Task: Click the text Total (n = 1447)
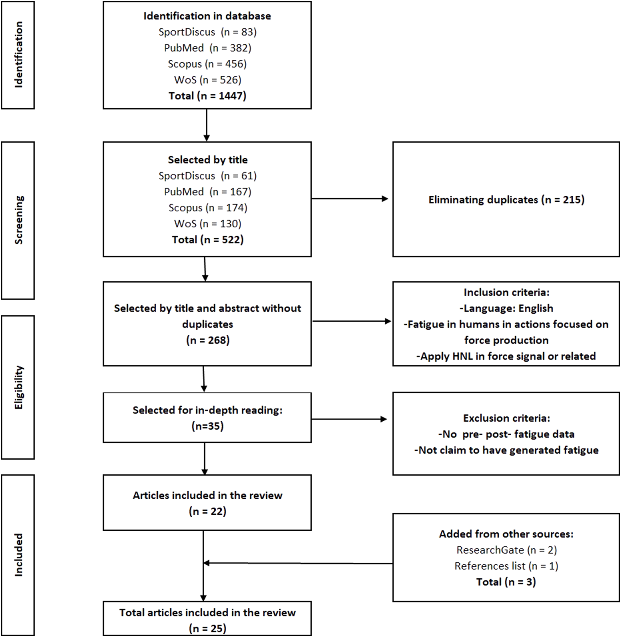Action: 207,96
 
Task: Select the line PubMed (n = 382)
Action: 207,48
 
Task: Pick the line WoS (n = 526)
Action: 207,80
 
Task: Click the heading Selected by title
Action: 207,160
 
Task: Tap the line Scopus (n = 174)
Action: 207,208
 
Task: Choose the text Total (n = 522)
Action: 207,240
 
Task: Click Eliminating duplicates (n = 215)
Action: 506,200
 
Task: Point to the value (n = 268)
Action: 207,340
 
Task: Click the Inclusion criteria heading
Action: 506,292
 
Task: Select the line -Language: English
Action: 506,308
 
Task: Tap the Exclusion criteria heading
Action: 506,418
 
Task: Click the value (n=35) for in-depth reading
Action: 207,426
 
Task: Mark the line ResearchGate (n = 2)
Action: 506,550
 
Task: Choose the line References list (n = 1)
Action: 506,566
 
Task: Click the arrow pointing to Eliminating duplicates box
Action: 350,199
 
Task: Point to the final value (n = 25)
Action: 207,628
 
